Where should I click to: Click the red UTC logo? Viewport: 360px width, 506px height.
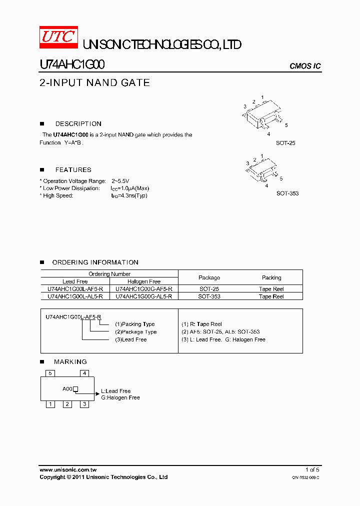[x=58, y=36]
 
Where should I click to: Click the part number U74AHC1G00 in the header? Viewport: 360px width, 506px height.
[x=72, y=64]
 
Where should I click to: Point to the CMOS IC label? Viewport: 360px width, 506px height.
[x=305, y=66]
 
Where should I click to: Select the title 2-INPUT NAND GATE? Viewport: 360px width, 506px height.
[x=94, y=83]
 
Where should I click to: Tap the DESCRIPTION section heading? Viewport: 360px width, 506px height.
[x=78, y=123]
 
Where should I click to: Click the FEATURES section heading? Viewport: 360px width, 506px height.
[x=73, y=169]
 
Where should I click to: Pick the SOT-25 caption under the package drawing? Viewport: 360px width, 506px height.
[x=285, y=143]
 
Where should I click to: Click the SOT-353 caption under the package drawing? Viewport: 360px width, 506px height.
[x=287, y=193]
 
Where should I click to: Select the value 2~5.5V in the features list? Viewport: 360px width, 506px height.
[x=120, y=181]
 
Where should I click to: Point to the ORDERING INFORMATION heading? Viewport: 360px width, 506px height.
[x=95, y=262]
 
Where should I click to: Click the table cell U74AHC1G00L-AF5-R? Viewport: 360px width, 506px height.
[x=75, y=289]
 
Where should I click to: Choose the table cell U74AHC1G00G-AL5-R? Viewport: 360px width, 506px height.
[x=143, y=296]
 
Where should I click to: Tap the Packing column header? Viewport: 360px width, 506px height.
[x=271, y=277]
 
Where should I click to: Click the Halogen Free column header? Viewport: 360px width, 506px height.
[x=144, y=281]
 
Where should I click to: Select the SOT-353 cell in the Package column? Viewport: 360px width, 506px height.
[x=209, y=296]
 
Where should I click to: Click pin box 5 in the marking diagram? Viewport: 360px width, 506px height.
[x=49, y=373]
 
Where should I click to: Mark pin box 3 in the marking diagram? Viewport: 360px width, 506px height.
[x=84, y=404]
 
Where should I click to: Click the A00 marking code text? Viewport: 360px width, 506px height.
[x=67, y=388]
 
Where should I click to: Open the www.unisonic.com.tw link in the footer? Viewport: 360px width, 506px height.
[x=68, y=469]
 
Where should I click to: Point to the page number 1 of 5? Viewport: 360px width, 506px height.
[x=312, y=469]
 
